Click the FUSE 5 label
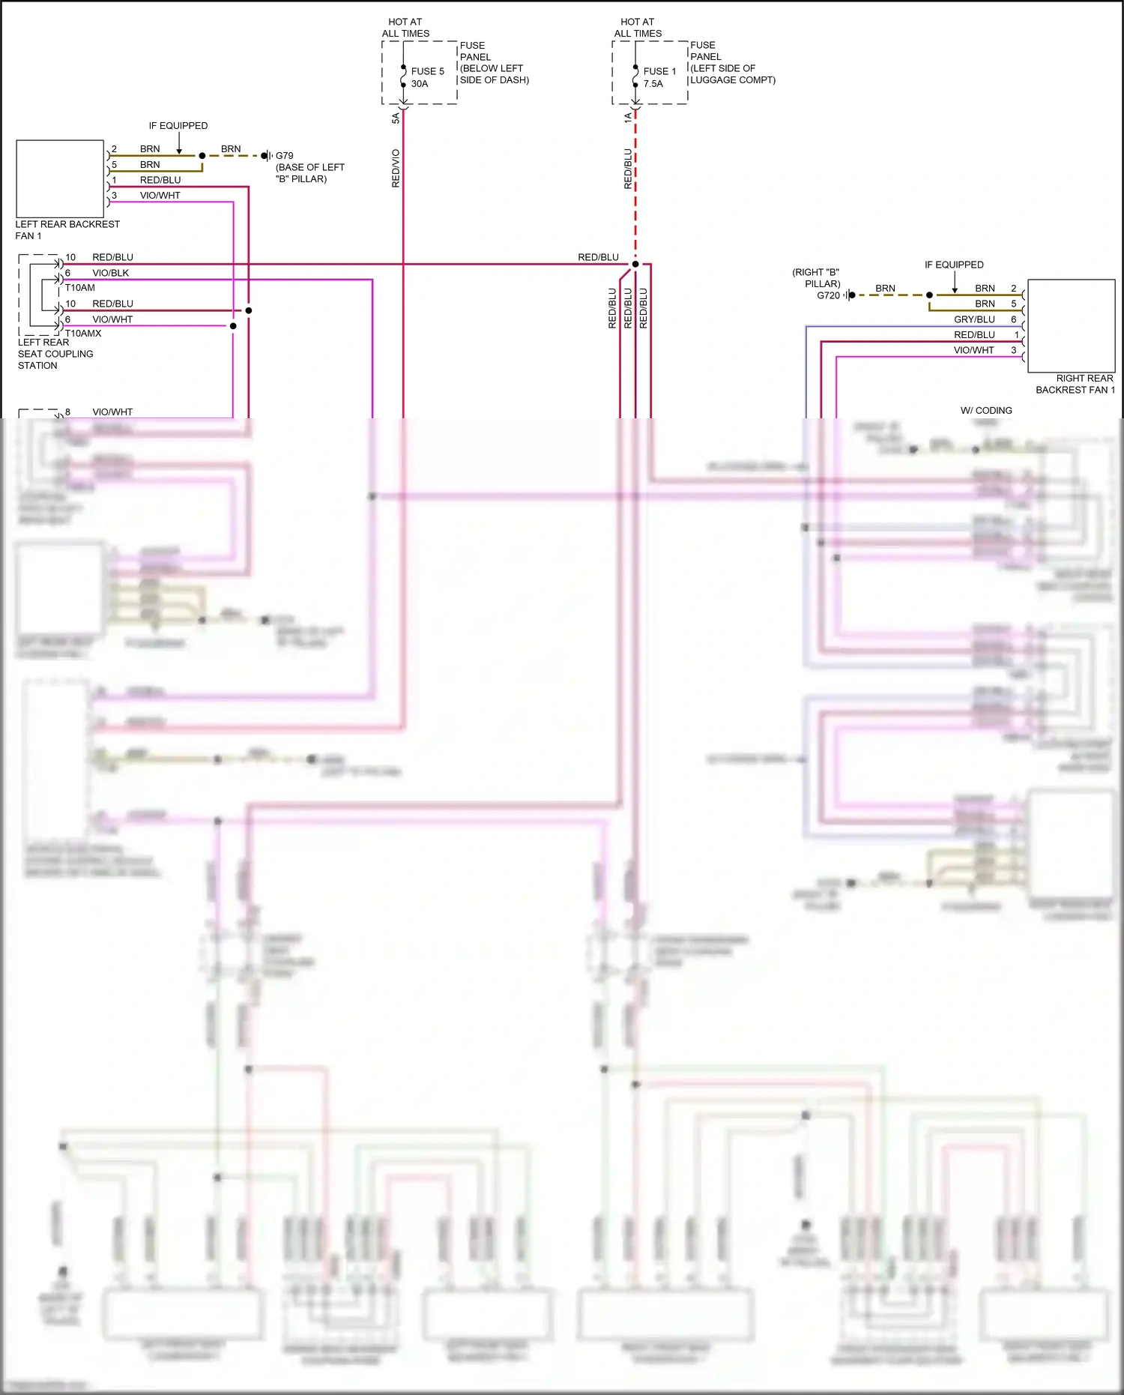[x=427, y=71]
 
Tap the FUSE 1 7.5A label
[x=659, y=77]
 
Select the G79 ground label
[x=284, y=156]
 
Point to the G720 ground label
[x=828, y=295]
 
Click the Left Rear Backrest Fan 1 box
[x=60, y=178]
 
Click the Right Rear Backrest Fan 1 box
[x=1071, y=326]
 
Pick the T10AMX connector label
[x=83, y=333]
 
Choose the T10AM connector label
[x=79, y=288]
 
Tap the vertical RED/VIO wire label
[x=396, y=168]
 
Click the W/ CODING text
[x=986, y=411]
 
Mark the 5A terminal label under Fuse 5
[x=396, y=118]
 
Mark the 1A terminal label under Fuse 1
[x=628, y=118]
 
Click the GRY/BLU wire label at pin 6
[x=974, y=319]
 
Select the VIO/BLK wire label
[x=110, y=273]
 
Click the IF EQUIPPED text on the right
[x=954, y=265]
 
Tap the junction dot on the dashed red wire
[x=635, y=264]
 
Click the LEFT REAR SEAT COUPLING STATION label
[x=55, y=354]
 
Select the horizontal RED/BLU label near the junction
[x=598, y=257]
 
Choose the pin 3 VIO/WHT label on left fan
[x=160, y=196]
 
